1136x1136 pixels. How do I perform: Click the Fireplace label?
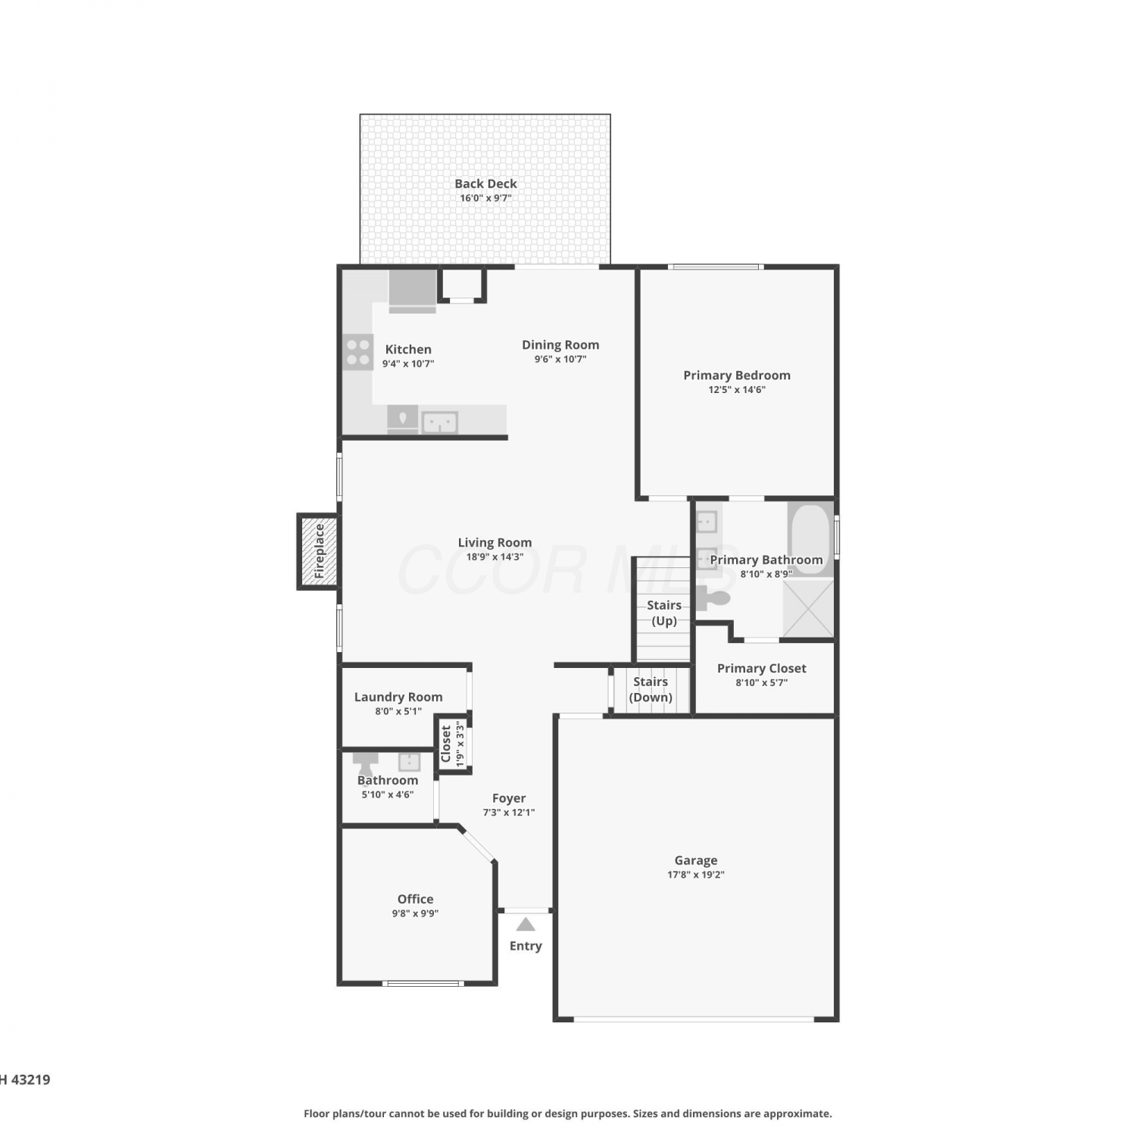point(320,551)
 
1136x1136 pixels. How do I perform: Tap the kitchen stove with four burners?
point(358,352)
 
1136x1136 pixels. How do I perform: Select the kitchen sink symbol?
point(439,422)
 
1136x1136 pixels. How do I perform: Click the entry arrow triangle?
point(526,924)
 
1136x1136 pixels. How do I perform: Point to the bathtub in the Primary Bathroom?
point(810,538)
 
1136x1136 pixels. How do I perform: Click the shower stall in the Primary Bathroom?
point(808,608)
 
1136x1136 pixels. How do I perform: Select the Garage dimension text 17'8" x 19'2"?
point(696,875)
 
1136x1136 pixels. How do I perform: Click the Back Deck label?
point(485,183)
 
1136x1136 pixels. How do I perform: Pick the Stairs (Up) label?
point(664,613)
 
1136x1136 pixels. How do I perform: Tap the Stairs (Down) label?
point(651,689)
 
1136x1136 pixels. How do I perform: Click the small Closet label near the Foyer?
point(446,744)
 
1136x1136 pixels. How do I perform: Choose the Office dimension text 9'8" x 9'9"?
point(415,913)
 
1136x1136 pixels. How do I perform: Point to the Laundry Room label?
point(398,697)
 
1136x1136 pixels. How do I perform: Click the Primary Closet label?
point(762,668)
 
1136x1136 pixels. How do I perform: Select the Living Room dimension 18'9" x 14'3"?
point(495,557)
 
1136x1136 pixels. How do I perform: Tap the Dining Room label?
point(560,345)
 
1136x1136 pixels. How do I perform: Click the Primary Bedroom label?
point(737,375)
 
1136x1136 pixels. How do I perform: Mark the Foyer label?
point(509,798)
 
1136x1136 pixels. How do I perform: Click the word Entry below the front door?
point(526,946)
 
